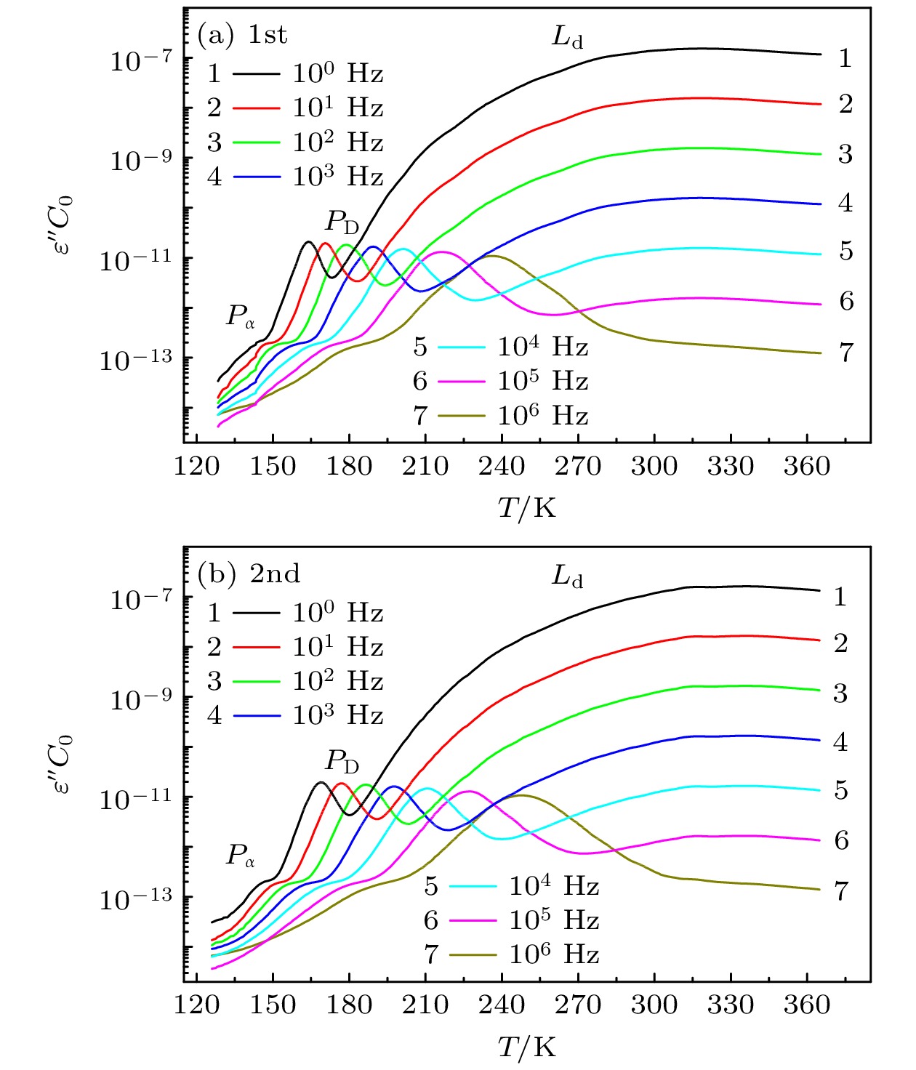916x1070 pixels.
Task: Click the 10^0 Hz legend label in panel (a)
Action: point(337,73)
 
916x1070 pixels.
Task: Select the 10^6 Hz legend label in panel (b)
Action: point(554,954)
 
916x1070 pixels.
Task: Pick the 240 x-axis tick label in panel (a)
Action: point(501,466)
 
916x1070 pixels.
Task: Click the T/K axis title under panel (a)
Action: point(526,507)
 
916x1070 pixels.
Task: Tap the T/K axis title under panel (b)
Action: point(526,1047)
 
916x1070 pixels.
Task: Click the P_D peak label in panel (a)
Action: point(342,221)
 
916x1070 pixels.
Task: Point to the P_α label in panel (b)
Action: point(241,856)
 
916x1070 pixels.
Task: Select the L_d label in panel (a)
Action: point(567,36)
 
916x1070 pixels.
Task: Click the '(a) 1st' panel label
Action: point(243,35)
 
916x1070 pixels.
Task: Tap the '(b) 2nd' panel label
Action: point(249,574)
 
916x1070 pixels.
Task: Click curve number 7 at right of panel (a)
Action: point(845,353)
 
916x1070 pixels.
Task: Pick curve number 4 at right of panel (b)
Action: point(840,742)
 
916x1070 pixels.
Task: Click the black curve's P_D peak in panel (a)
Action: point(308,242)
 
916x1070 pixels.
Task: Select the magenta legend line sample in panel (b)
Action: point(473,921)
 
